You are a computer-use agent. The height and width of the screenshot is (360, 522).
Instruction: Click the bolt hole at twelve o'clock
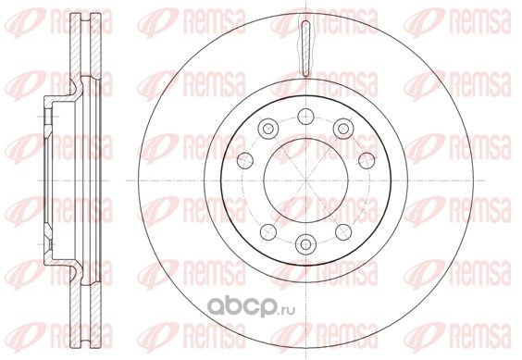(305, 117)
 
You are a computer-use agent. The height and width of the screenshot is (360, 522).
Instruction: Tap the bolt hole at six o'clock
(305, 244)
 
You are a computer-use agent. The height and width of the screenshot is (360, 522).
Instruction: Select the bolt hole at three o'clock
(367, 160)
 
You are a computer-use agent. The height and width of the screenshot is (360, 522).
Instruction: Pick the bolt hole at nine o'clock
(245, 160)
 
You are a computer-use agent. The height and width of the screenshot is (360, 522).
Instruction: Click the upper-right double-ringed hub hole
(343, 129)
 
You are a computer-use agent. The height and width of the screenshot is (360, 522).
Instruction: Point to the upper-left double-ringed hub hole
(268, 129)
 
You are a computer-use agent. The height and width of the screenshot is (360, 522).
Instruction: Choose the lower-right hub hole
(343, 231)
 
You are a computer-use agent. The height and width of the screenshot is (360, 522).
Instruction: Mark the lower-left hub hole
(268, 231)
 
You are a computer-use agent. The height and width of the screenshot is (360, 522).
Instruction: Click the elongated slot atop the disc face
(305, 49)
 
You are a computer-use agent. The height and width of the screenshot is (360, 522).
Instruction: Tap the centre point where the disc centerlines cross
(306, 180)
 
